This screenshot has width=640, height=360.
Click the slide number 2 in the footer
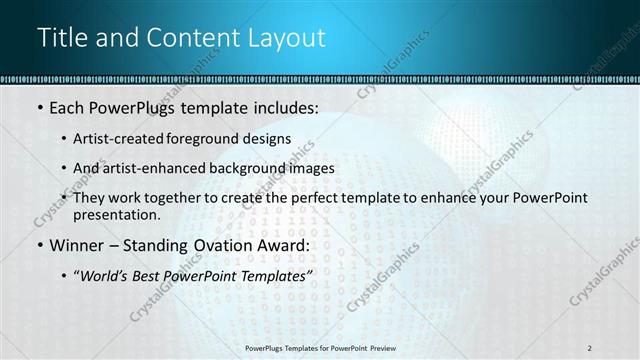pos(589,347)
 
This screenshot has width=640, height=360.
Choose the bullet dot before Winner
pos(39,245)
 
